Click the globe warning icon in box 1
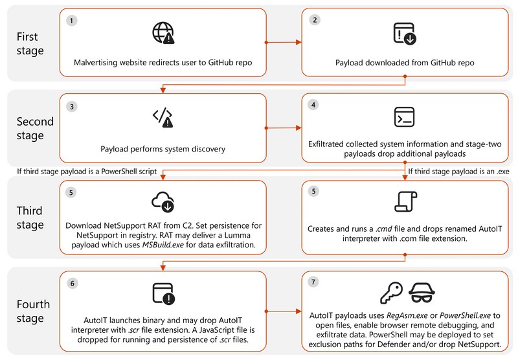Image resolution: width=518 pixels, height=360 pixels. pyautogui.click(x=163, y=34)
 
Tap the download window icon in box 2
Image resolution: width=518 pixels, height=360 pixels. pyautogui.click(x=405, y=34)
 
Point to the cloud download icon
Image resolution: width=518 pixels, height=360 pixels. pyautogui.click(x=163, y=202)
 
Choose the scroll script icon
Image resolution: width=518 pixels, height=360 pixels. pyautogui.click(x=405, y=202)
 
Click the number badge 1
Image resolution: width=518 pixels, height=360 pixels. pyautogui.click(x=71, y=20)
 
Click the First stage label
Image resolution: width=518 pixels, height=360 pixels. pyautogui.click(x=30, y=43)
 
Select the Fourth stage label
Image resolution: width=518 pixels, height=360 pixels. pyautogui.click(x=30, y=311)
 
